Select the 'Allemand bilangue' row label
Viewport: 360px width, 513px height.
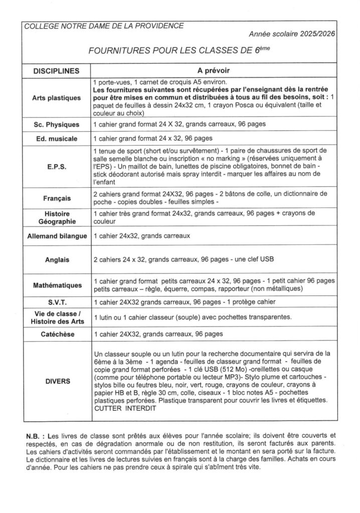coord(55,235)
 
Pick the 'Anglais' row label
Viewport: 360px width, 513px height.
coord(55,260)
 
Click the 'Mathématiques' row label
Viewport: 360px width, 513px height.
coord(55,285)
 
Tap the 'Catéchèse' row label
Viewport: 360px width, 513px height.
coord(55,333)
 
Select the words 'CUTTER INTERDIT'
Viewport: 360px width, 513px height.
coord(125,409)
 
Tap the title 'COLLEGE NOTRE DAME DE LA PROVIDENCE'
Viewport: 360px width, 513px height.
coord(104,25)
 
